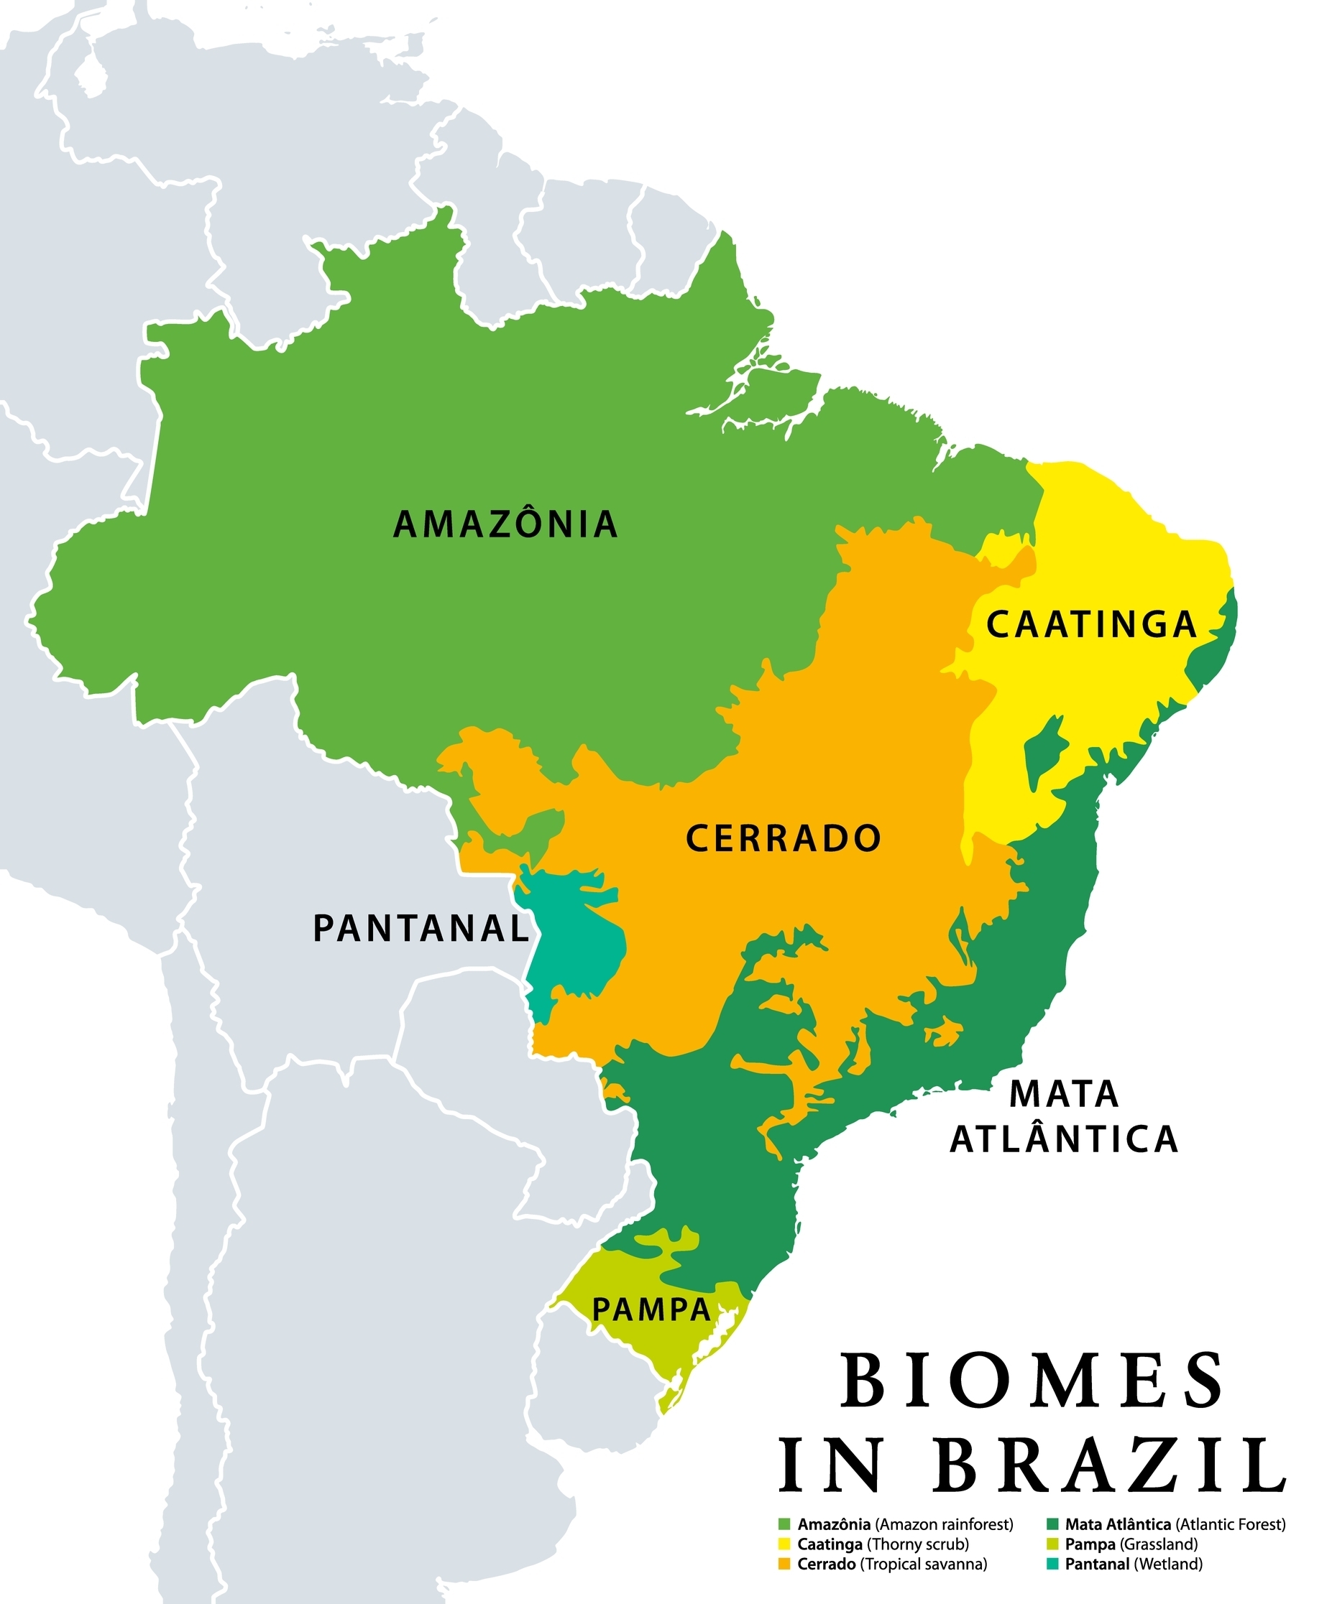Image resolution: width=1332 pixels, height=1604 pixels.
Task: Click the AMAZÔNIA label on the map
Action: [505, 525]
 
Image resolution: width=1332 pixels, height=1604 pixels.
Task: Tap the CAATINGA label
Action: [1091, 625]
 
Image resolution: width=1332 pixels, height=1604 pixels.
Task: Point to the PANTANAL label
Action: [422, 929]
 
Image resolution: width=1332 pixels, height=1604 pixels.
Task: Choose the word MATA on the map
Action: [1064, 1095]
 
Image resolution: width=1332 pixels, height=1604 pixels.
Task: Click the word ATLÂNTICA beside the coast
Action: [1064, 1139]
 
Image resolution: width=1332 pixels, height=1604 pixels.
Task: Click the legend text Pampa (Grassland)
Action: [1131, 1544]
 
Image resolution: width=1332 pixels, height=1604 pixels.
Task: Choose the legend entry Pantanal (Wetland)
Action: [1134, 1564]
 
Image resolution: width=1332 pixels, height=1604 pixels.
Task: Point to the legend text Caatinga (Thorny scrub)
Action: [883, 1544]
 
